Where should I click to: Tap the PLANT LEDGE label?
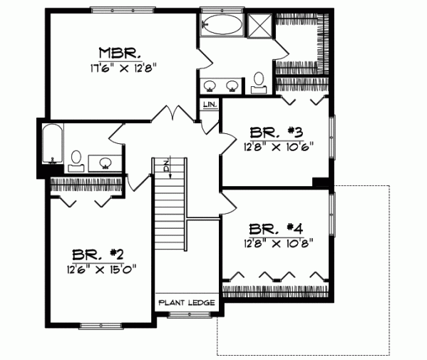tap(187, 303)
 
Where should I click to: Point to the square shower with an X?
tap(260, 27)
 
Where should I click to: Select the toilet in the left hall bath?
tap(76, 158)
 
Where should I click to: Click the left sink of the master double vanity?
tap(211, 86)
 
